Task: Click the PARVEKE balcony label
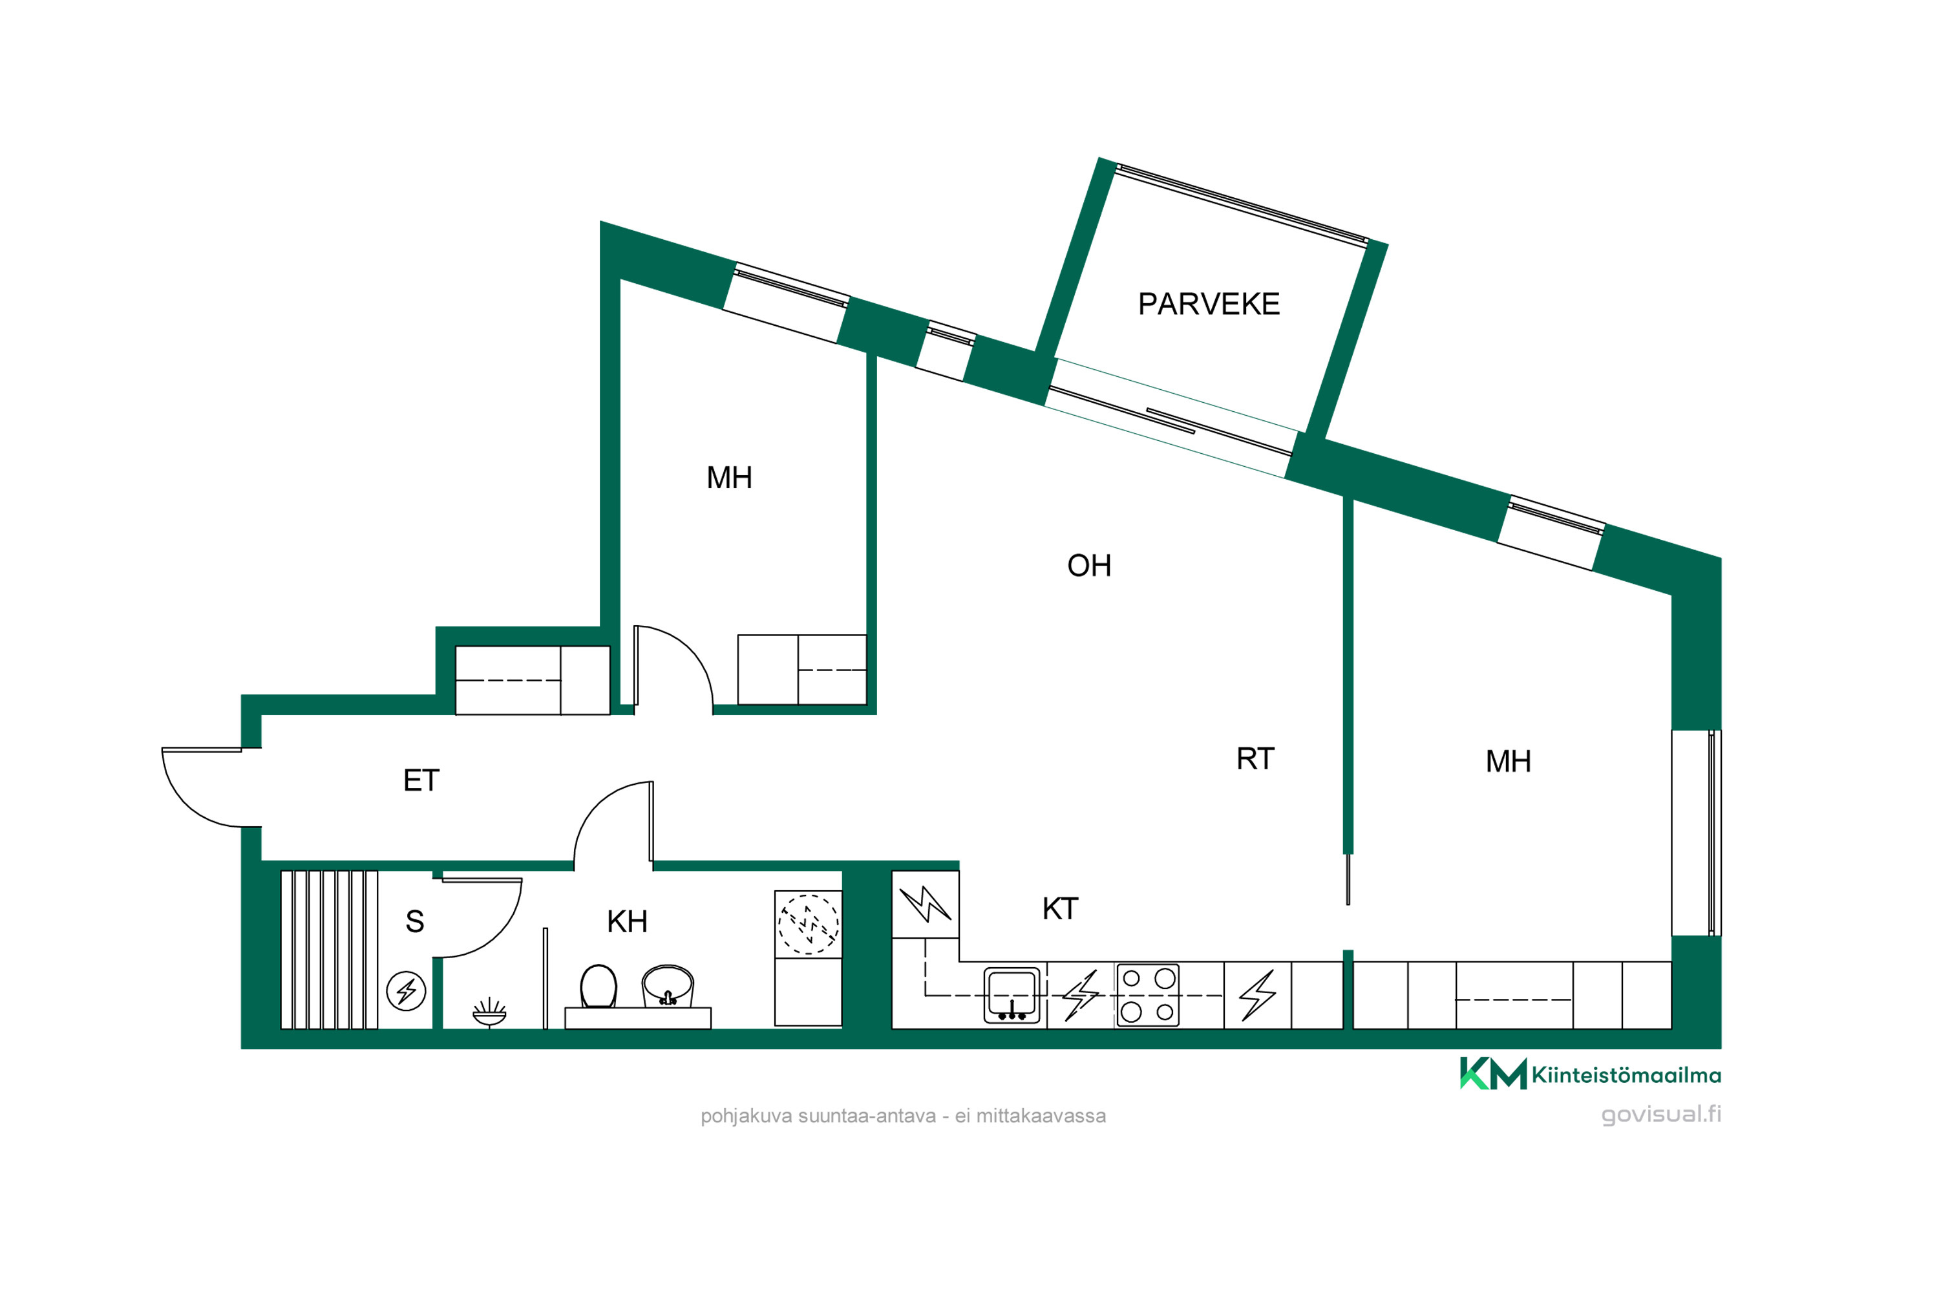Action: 1209,305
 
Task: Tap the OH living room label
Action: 1089,566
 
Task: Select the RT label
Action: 1256,758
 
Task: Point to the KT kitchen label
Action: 1060,909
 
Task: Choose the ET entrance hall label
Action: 421,780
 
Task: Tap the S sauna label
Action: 415,921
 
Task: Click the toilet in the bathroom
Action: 599,987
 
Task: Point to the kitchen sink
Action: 1012,996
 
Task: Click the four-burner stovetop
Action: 1148,996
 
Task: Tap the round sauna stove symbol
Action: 407,990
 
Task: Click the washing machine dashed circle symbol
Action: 809,924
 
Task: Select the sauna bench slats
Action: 329,949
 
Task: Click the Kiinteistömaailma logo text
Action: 1626,1075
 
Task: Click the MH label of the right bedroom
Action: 1508,761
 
